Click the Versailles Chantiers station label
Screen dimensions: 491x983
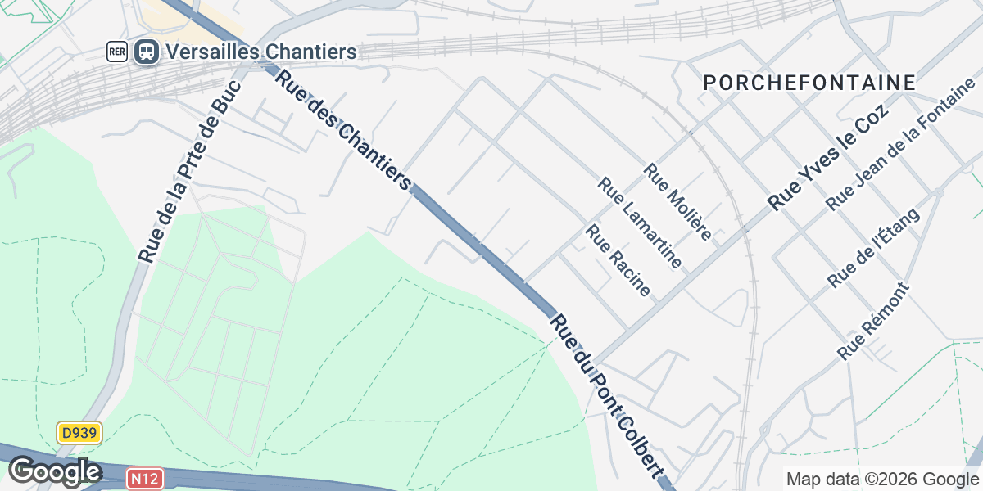pos(260,52)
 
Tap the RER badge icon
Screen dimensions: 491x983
pos(117,52)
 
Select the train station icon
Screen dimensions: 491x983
pos(147,52)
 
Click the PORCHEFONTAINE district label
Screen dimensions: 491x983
pos(809,83)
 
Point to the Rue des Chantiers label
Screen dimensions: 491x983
pos(342,130)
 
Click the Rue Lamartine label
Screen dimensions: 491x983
pos(640,223)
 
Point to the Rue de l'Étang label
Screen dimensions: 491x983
pos(873,247)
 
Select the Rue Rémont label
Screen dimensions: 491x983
pos(873,321)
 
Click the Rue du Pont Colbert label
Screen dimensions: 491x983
pos(605,394)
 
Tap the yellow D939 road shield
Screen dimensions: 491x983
pos(79,433)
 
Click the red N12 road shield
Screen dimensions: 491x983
pos(144,477)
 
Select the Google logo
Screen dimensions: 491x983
pos(54,472)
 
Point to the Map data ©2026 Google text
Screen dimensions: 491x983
pos(882,479)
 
